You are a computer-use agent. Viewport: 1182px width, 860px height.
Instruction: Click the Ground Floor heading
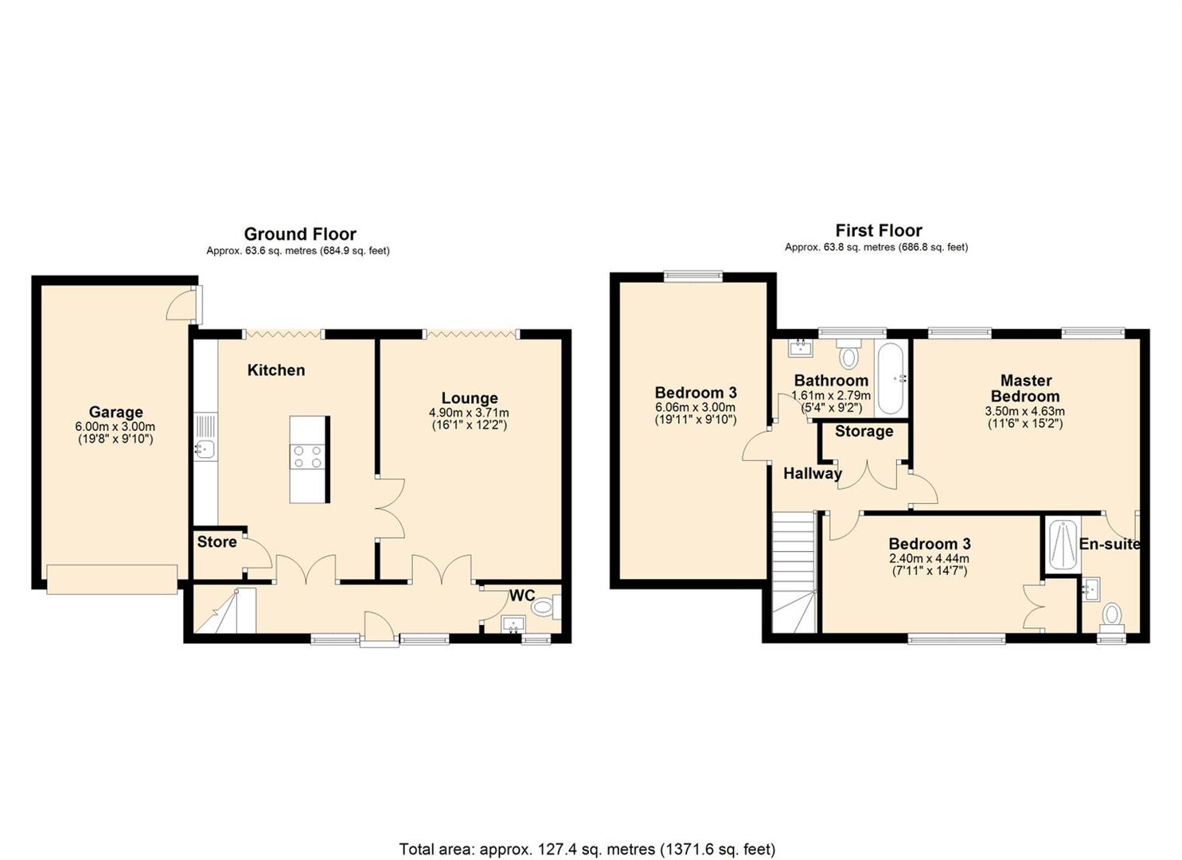(299, 234)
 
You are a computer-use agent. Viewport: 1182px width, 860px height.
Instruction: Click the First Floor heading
(878, 231)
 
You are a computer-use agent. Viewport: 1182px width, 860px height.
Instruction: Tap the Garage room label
(115, 412)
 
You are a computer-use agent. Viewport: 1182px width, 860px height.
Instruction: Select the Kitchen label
(275, 369)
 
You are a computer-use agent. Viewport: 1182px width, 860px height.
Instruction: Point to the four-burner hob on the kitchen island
(308, 456)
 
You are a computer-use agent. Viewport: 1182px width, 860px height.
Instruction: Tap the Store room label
(217, 541)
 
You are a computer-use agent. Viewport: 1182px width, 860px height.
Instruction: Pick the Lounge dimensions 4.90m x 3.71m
(469, 413)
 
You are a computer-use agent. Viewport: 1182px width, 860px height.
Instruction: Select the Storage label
(864, 432)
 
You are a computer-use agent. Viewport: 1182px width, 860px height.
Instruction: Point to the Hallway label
(812, 473)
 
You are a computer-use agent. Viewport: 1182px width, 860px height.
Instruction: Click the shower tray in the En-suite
(1063, 545)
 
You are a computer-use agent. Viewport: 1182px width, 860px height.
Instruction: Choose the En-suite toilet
(1112, 616)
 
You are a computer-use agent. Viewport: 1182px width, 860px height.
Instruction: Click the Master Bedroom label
(1025, 389)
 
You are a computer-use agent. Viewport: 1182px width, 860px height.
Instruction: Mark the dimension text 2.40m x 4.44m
(929, 559)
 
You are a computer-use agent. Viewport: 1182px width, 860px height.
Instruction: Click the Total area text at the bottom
(587, 849)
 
